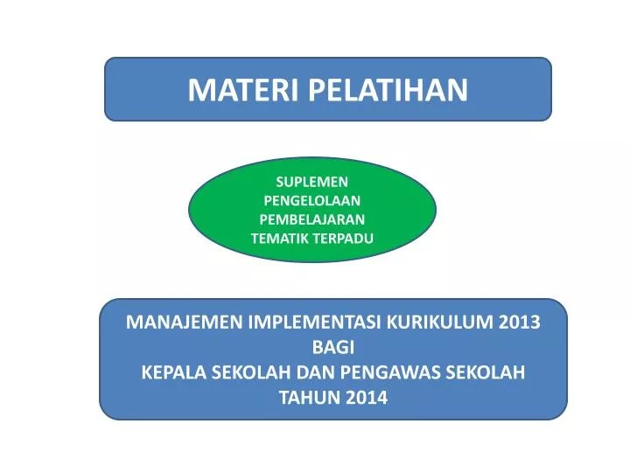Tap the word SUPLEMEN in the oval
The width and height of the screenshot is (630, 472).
(x=312, y=182)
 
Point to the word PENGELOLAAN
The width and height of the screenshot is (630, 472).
(x=312, y=200)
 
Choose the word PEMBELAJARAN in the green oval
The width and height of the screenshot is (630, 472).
(x=312, y=219)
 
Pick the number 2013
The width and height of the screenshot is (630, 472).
(x=520, y=321)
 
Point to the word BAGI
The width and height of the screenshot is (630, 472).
(x=332, y=346)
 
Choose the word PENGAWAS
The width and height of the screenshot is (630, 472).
(x=389, y=371)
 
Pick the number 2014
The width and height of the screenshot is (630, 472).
(x=365, y=397)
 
